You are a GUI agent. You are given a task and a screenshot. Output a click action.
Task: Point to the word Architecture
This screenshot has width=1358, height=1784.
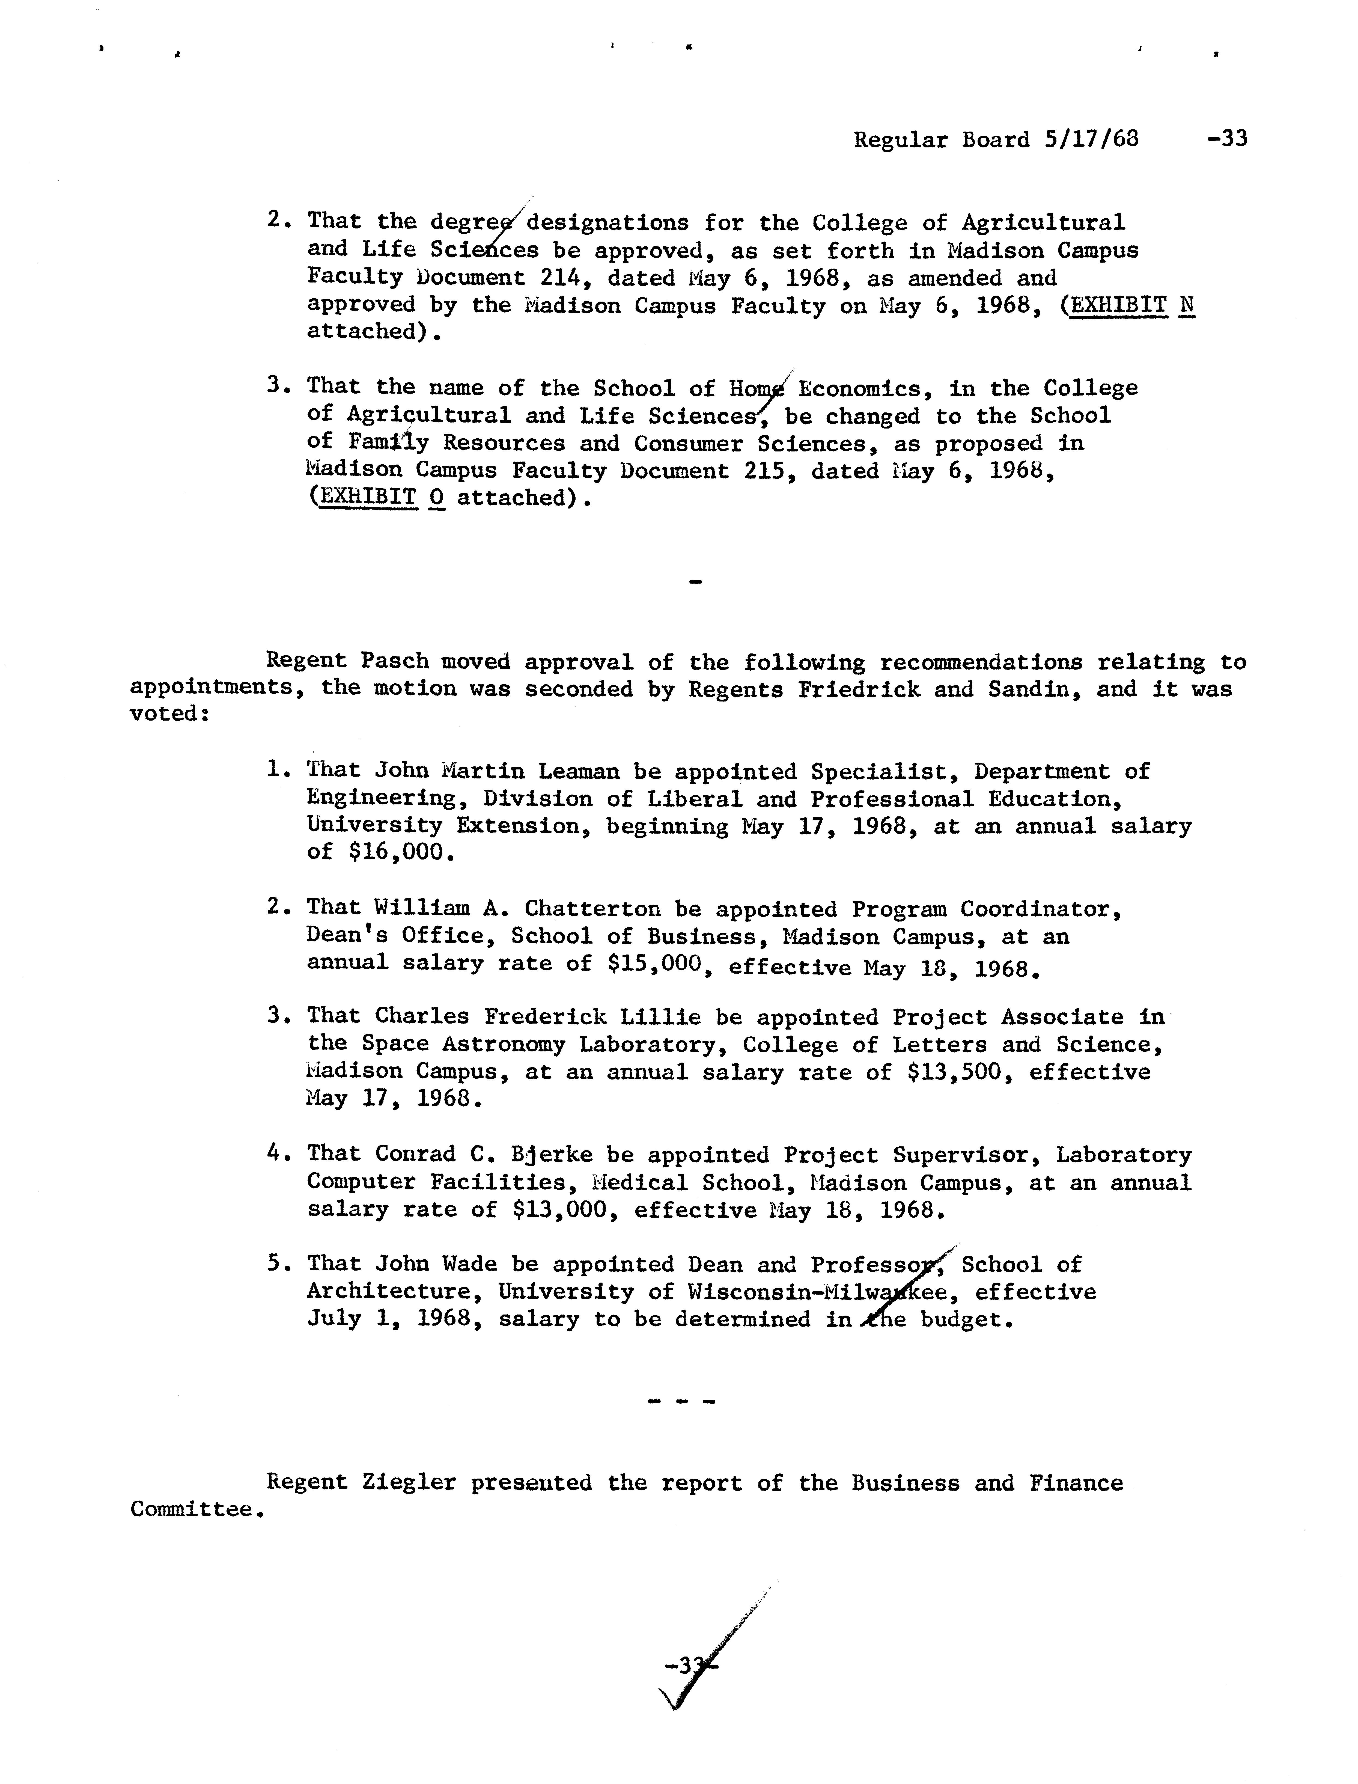pos(394,1292)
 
